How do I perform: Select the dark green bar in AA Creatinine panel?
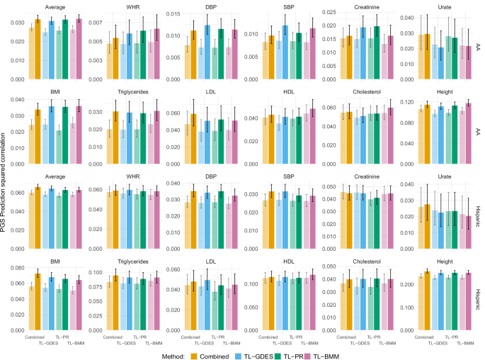(x=377, y=50)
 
